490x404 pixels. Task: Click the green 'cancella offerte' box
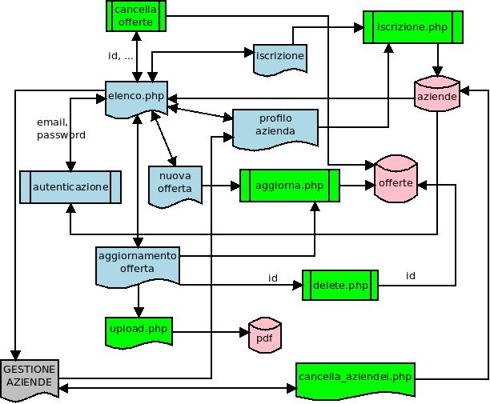135,16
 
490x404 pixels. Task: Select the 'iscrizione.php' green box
412,27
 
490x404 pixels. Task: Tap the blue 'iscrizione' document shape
280,57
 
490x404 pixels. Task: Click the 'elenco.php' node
137,96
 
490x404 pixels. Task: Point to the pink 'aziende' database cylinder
437,95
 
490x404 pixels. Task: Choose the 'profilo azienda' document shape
275,126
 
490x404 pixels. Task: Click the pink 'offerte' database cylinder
396,183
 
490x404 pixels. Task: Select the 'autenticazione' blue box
70,186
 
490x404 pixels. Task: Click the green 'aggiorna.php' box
290,186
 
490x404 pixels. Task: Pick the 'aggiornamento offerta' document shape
137,263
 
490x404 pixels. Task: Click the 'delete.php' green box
340,285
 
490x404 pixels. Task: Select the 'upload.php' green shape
139,330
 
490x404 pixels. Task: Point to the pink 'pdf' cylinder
263,336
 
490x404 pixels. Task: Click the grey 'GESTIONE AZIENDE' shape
30,377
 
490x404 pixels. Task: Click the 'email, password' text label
61,129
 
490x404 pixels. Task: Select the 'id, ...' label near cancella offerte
121,56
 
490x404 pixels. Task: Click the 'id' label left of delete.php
273,278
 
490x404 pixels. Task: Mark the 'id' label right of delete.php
411,276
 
